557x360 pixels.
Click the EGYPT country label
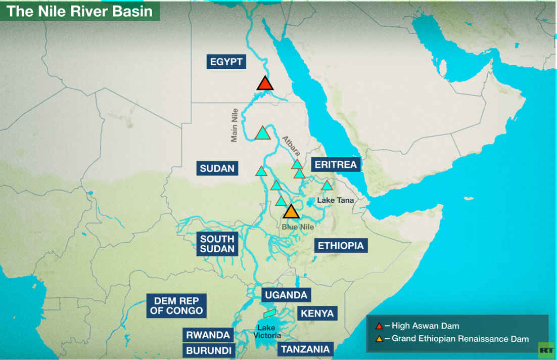tap(227, 62)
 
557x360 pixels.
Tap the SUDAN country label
tap(217, 168)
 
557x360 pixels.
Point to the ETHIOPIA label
tap(340, 246)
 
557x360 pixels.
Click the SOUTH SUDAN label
tap(217, 244)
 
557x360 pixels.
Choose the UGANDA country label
tap(286, 295)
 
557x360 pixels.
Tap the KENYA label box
tap(317, 313)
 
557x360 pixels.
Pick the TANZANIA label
tap(305, 349)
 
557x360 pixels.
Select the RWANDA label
tap(208, 335)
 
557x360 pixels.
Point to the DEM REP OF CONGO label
tap(176, 305)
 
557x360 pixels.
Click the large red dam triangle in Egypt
tap(265, 83)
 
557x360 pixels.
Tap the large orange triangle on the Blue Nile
tap(291, 211)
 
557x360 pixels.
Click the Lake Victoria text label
tap(267, 331)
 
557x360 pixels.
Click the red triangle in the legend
tap(379, 326)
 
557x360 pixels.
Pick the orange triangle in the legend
tap(379, 338)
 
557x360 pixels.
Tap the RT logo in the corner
tap(546, 350)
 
